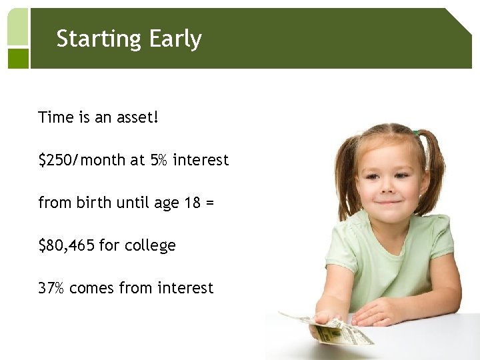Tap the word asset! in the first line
pyautogui.click(x=137, y=118)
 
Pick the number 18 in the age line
pyautogui.click(x=190, y=203)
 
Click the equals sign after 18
pyautogui.click(x=210, y=203)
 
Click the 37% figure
pyautogui.click(x=51, y=288)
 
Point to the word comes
pyautogui.click(x=91, y=289)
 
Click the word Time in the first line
pyautogui.click(x=56, y=118)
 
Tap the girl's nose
pyautogui.click(x=387, y=188)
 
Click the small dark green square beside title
pyautogui.click(x=18, y=58)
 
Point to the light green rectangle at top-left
pyautogui.click(x=18, y=27)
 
